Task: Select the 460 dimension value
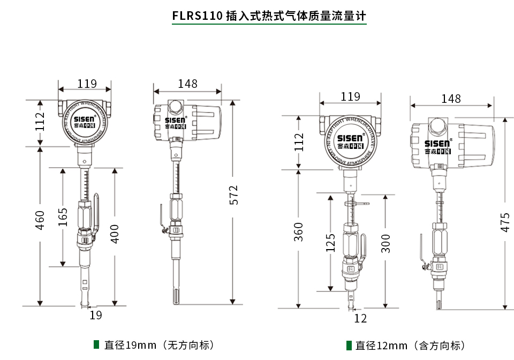pyautogui.click(x=40, y=220)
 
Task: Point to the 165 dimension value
pyautogui.click(x=63, y=217)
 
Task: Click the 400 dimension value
pyautogui.click(x=115, y=234)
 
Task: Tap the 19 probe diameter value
pyautogui.click(x=95, y=315)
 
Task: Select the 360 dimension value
pyautogui.click(x=299, y=231)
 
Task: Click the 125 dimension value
pyautogui.click(x=331, y=242)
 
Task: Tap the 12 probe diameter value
pyautogui.click(x=360, y=318)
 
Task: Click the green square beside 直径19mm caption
pyautogui.click(x=96, y=344)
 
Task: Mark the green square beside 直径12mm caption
pyautogui.click(x=349, y=345)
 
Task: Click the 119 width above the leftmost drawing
pyautogui.click(x=87, y=84)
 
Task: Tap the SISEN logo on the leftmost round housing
pyautogui.click(x=85, y=119)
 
